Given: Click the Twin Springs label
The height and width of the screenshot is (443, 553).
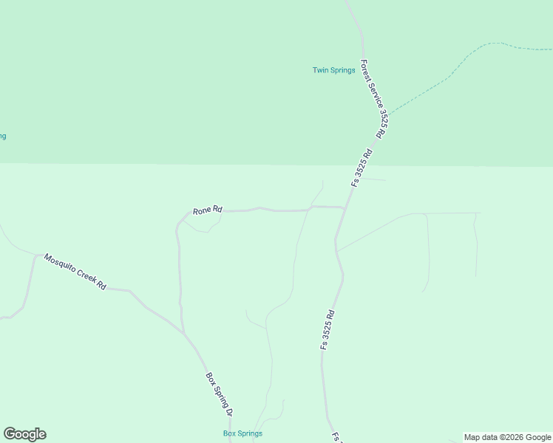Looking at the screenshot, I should [333, 71].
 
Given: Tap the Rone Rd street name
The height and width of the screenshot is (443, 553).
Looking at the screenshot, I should [207, 210].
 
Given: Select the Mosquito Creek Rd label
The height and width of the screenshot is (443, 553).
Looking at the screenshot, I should [75, 271].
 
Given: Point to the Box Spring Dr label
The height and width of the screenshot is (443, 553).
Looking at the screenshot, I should [219, 394].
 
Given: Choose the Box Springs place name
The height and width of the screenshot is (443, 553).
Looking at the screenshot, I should [242, 433].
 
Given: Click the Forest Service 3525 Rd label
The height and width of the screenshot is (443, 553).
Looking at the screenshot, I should [373, 99].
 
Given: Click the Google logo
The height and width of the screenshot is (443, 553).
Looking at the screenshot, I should [24, 434].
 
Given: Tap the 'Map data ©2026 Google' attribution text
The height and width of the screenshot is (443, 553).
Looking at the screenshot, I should [507, 437].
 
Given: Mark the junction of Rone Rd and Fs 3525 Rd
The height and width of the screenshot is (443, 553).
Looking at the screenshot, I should [345, 209].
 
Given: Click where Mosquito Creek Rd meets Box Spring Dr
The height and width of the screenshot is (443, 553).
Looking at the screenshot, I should [184, 333].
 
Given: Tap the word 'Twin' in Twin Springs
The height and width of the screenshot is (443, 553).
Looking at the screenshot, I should [319, 71].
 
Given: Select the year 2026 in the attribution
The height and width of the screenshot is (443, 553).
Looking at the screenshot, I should [516, 437].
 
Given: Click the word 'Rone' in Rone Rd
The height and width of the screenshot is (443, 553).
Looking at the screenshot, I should [203, 211].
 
